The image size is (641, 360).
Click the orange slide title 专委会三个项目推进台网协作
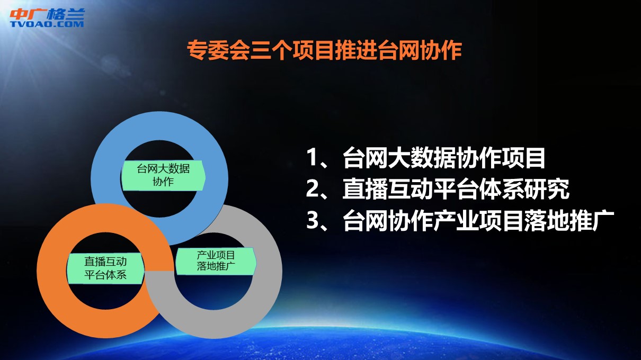tap(325, 50)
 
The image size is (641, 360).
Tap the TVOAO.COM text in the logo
tap(47, 24)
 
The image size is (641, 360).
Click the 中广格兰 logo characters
tap(48, 14)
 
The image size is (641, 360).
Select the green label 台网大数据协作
tap(163, 175)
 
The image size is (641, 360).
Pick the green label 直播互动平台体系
tap(105, 268)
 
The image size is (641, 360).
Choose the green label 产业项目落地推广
tap(216, 261)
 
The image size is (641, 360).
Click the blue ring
tap(159, 126)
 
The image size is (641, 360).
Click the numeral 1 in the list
tap(311, 157)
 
